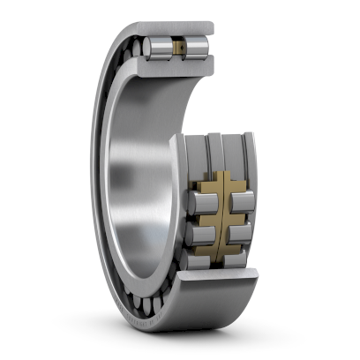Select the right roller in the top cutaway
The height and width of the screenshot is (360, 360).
click(x=197, y=47)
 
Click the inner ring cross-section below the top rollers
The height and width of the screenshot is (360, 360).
click(x=176, y=64)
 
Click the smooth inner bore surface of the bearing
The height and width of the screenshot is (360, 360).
click(x=137, y=176)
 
